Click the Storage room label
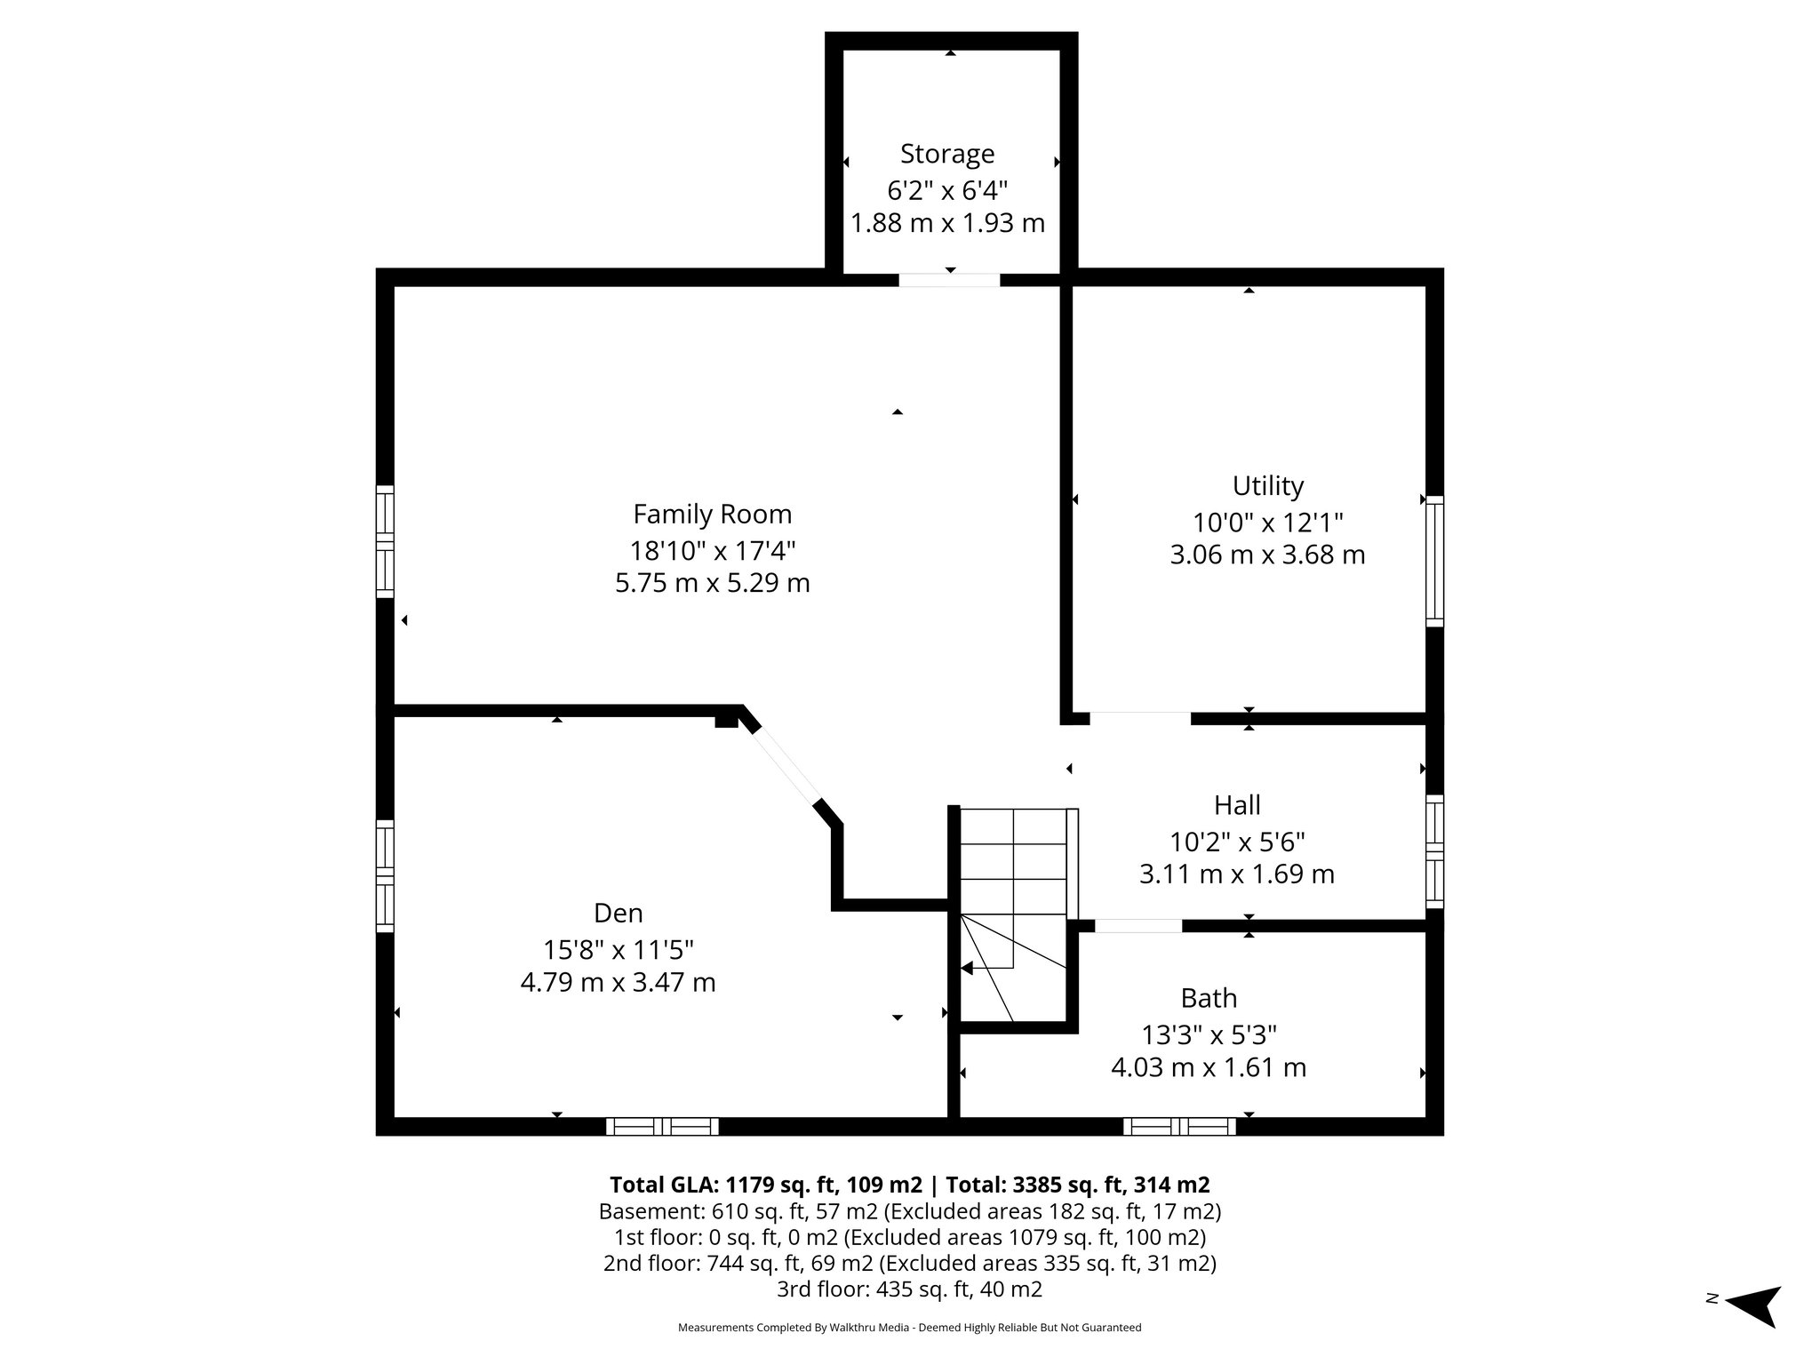(947, 154)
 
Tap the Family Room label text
(712, 515)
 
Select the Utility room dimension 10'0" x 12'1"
(1267, 522)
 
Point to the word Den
(618, 914)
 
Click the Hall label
(1237, 805)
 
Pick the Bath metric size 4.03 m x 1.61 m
(1209, 1067)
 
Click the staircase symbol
(1013, 915)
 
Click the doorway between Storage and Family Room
(949, 280)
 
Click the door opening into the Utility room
(1139, 718)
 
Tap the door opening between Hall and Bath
(1138, 926)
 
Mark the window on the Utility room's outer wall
(1434, 561)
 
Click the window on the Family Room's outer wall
(385, 541)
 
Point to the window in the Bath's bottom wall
(1179, 1127)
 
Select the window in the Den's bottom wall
(662, 1127)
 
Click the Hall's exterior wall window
(1434, 850)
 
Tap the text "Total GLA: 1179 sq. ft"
(765, 1185)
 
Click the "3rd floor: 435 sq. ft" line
(909, 1289)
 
